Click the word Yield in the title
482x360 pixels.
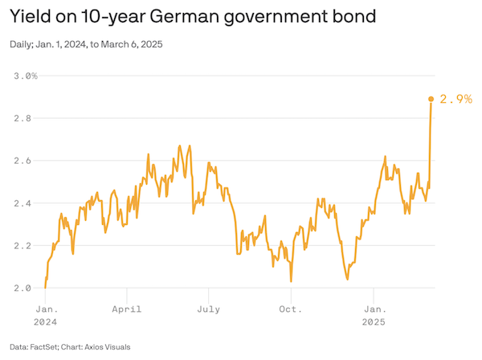tap(31, 16)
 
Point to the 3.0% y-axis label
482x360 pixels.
tap(26, 76)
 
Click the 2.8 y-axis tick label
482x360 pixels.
tap(22, 118)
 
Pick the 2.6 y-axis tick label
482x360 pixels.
tap(22, 161)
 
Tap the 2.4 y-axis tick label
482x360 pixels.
tap(22, 203)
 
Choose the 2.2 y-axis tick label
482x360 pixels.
tap(22, 246)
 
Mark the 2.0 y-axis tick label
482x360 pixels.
tap(22, 288)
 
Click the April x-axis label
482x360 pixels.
tap(127, 309)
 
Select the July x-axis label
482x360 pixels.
tap(208, 309)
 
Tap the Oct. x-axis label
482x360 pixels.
tap(291, 309)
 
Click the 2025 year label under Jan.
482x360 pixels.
tap(374, 322)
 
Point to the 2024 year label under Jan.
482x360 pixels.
tap(45, 322)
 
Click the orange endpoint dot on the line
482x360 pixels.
tap(431, 99)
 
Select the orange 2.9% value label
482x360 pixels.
tap(455, 99)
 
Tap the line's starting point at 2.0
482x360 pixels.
tap(45, 288)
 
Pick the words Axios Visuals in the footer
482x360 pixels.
tap(108, 347)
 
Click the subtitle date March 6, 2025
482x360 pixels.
tap(132, 44)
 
